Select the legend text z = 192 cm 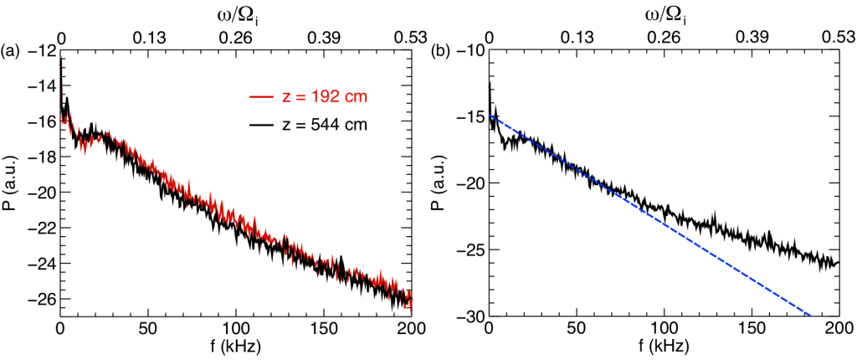coord(326,98)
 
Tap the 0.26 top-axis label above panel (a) coord(237,38)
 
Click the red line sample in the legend coord(261,98)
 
